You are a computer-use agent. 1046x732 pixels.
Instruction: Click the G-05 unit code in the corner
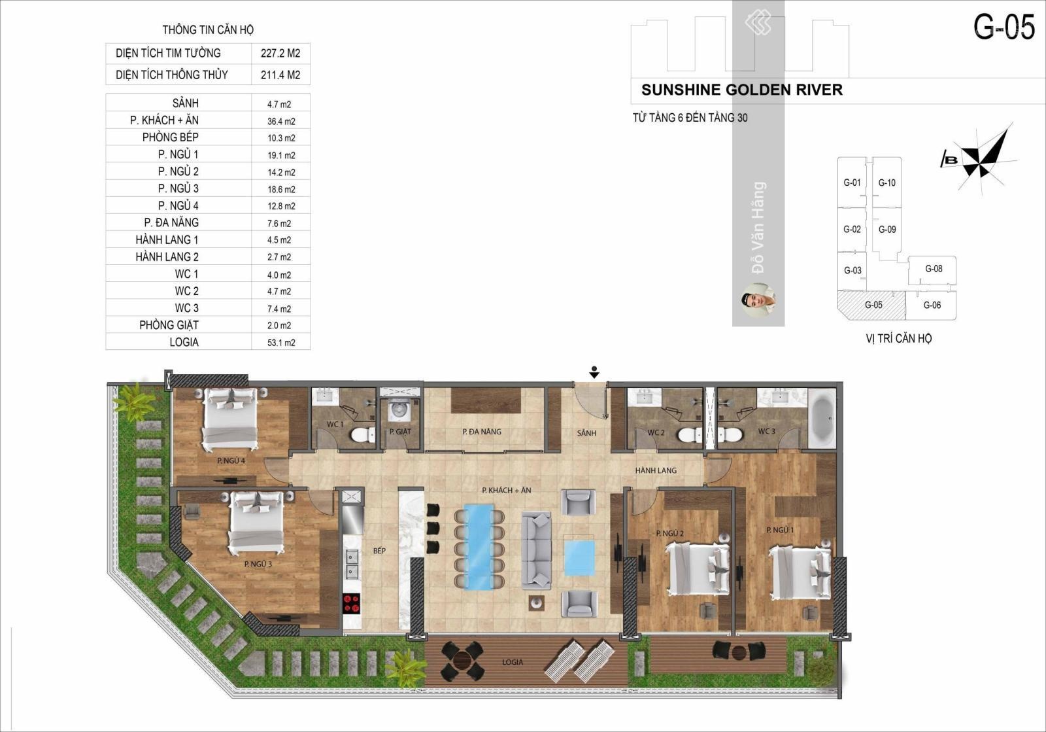[x=1004, y=27]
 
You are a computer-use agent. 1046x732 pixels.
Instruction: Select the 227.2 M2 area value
[x=280, y=53]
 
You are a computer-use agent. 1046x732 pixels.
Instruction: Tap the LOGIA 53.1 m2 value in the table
[x=281, y=342]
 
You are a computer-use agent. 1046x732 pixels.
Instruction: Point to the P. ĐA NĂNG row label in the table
[x=171, y=222]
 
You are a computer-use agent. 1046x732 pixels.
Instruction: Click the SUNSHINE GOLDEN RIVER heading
[x=742, y=90]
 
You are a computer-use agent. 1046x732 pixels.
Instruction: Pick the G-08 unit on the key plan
[x=932, y=270]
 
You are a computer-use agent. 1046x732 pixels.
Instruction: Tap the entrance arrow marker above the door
[x=594, y=372]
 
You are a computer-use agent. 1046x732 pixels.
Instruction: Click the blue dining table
[x=479, y=547]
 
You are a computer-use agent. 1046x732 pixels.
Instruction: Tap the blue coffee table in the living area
[x=579, y=558]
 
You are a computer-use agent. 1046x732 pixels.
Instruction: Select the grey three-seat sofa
[x=536, y=550]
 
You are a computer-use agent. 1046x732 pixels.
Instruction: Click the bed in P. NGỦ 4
[x=229, y=419]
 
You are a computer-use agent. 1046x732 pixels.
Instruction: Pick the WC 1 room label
[x=335, y=424]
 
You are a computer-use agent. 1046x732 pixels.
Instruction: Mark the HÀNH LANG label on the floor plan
[x=656, y=470]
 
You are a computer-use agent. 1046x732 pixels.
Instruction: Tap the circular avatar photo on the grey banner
[x=759, y=300]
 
